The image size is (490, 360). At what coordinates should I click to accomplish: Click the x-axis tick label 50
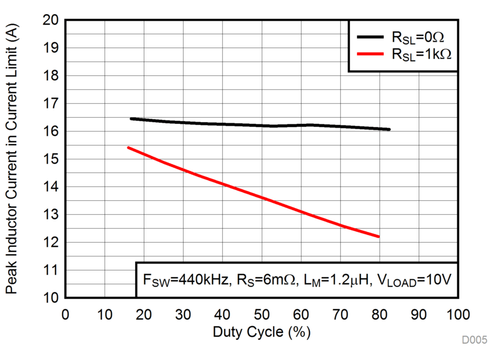coord(262,315)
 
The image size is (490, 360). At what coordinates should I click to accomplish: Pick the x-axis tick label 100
coord(458,315)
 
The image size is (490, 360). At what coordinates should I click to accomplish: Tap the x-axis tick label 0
coord(65,315)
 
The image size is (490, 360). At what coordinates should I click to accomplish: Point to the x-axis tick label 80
coord(379,315)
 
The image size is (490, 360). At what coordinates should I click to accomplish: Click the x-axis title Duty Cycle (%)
coord(262,332)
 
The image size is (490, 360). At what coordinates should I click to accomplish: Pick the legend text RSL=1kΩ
coord(421,54)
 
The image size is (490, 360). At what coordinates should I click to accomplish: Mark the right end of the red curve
coord(379,237)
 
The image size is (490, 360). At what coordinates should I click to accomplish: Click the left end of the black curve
coord(130,118)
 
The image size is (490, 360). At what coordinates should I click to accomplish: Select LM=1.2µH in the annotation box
coord(341,280)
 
